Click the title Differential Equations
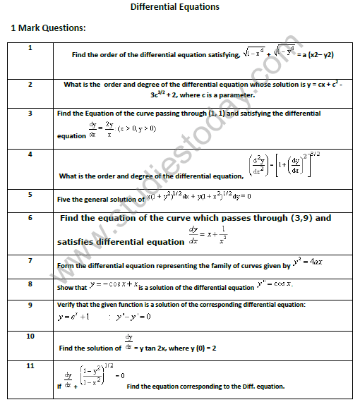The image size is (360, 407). click(x=175, y=7)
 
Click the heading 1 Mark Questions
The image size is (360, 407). click(x=48, y=28)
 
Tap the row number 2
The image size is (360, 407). click(x=30, y=84)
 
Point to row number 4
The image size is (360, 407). click(x=30, y=153)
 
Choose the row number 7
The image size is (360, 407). click(x=30, y=260)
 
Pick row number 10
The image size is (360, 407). click(x=30, y=336)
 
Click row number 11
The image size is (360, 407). click(x=30, y=365)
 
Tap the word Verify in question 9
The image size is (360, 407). click(x=68, y=304)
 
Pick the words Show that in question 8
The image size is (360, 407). click(x=72, y=287)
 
